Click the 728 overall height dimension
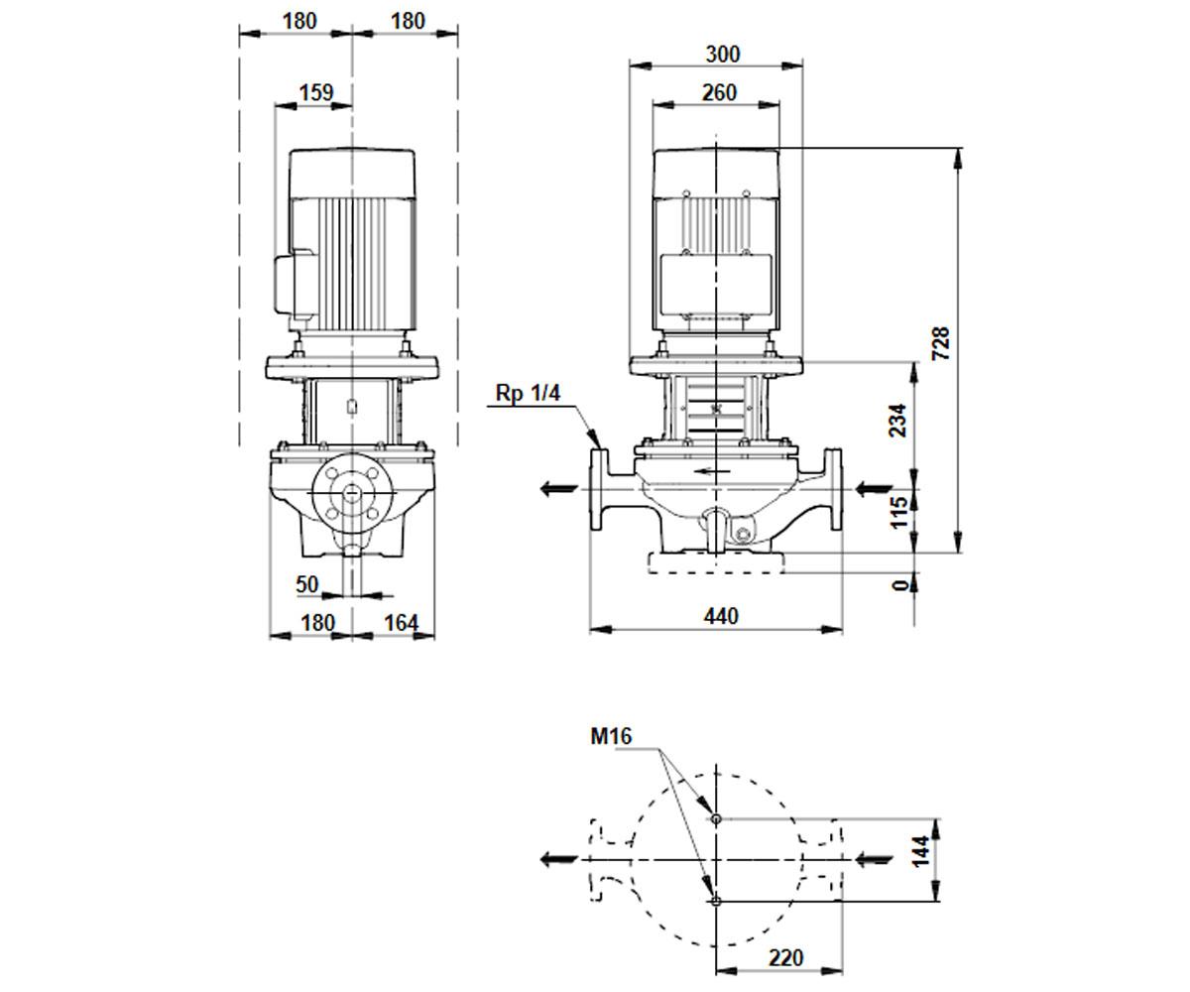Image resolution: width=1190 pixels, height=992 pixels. (x=940, y=342)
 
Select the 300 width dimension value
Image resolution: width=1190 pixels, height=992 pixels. (x=723, y=55)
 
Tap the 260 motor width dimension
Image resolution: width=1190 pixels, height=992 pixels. (x=719, y=92)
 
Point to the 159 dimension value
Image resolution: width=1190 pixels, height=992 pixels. (x=316, y=92)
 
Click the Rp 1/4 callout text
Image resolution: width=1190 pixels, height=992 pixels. (x=528, y=393)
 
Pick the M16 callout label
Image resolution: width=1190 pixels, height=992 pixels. (x=611, y=736)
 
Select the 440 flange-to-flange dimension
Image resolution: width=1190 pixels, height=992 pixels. (x=721, y=616)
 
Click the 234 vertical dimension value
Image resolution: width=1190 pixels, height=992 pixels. (x=897, y=421)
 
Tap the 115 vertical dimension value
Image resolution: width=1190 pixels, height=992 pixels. (x=897, y=513)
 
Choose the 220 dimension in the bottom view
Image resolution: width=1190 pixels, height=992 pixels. (x=786, y=958)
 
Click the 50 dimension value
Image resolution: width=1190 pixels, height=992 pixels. (x=306, y=584)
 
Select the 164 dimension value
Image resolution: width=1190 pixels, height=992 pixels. (x=402, y=623)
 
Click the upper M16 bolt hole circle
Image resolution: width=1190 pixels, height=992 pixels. (x=716, y=819)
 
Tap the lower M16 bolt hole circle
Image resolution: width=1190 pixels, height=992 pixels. (x=716, y=902)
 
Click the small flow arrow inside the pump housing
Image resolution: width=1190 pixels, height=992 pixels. (x=713, y=471)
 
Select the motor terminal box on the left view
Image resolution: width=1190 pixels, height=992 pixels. (x=296, y=285)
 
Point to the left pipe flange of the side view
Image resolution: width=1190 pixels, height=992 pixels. (x=599, y=490)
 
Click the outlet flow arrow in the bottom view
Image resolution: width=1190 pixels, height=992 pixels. (x=558, y=859)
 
